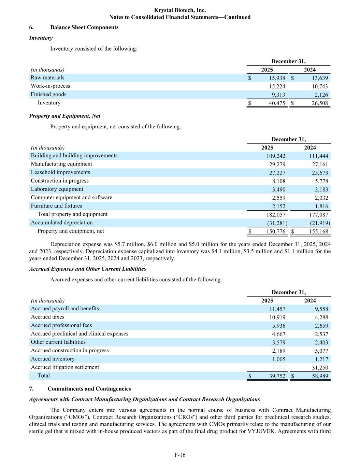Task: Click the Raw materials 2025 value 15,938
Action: [277, 78]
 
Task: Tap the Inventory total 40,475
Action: [277, 103]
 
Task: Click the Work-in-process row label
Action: [51, 86]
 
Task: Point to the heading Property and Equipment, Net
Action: [65, 116]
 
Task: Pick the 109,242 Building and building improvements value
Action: [276, 156]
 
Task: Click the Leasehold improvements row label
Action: [60, 172]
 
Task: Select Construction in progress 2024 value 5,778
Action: [321, 181]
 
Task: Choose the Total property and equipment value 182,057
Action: [276, 215]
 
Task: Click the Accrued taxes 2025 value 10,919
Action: [277, 317]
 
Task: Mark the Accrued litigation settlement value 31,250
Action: [320, 368]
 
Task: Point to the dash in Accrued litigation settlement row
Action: [282, 368]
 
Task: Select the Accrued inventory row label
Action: [53, 359]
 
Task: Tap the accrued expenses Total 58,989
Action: [320, 376]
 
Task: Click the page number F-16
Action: [180, 455]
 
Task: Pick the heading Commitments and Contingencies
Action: [89, 389]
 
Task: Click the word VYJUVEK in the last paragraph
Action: [259, 431]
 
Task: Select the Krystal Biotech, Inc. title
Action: [180, 10]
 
